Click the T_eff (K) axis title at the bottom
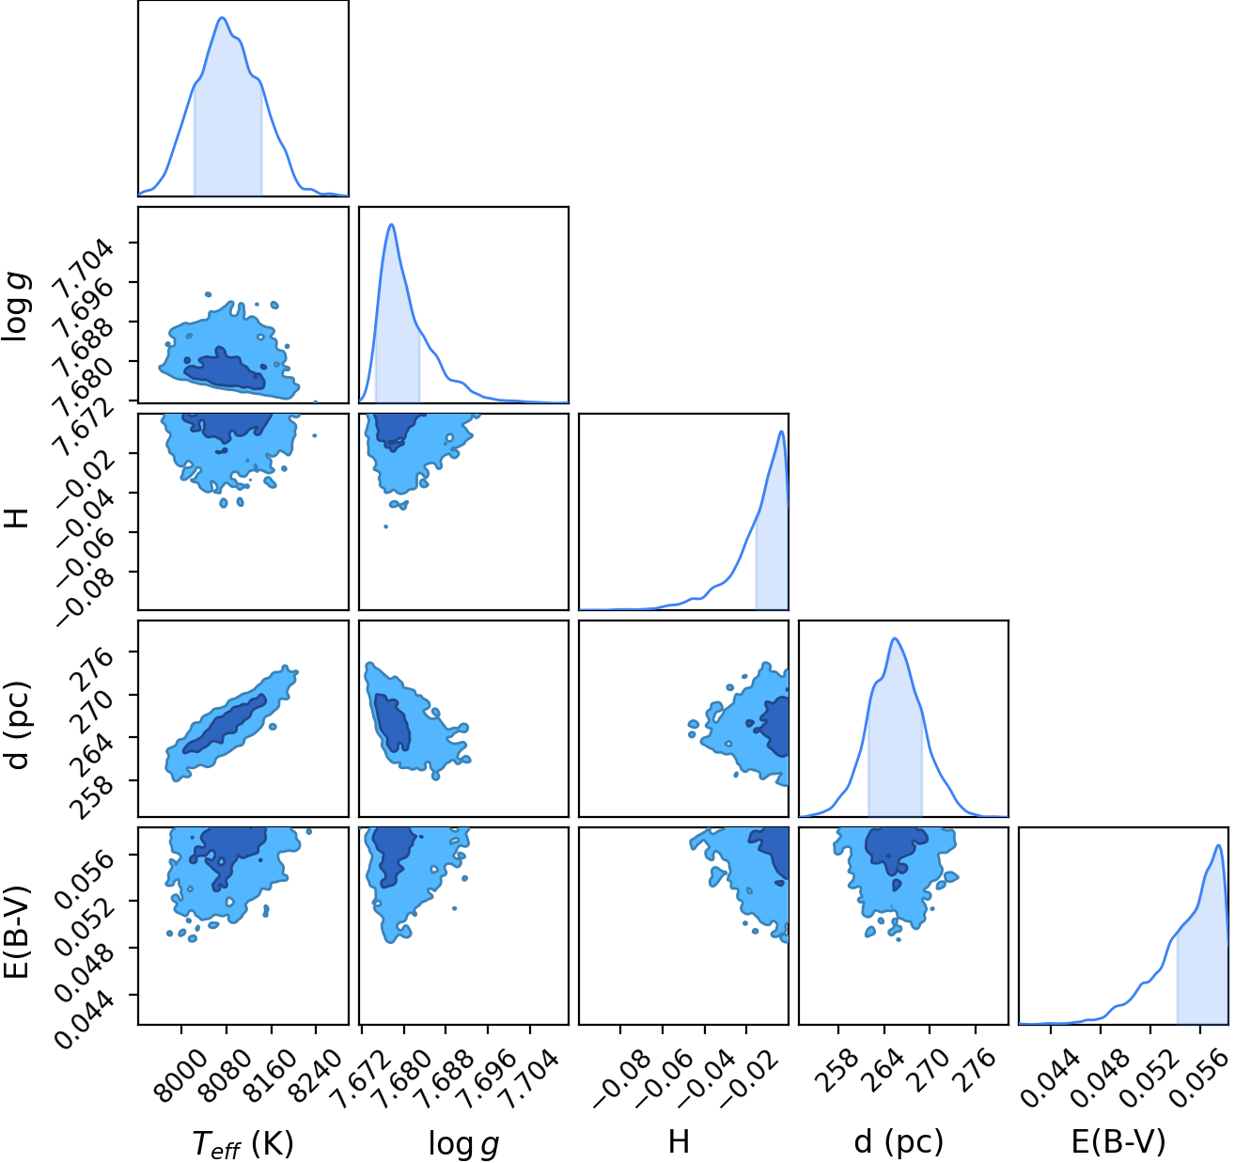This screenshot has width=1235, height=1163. (x=242, y=1142)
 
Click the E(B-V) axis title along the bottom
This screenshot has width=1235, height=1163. (x=1118, y=1141)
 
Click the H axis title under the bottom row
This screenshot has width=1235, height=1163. (x=679, y=1141)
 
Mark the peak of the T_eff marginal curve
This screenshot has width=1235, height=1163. (x=222, y=18)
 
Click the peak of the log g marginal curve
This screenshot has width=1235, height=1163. (x=392, y=224)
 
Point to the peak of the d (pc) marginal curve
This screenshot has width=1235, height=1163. (x=895, y=637)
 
